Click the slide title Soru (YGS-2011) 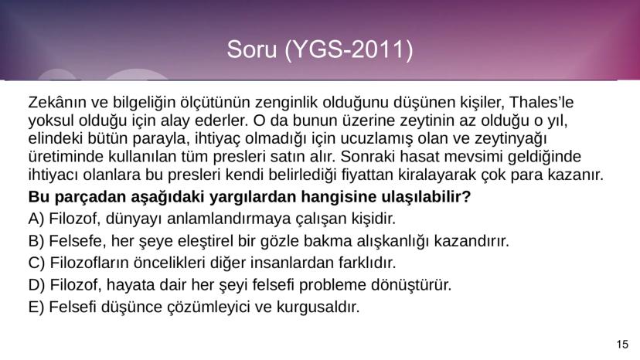tap(319, 50)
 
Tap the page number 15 tap(623, 345)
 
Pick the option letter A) tap(36, 219)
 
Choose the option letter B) tap(36, 240)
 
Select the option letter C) tap(36, 263)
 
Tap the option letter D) tap(37, 284)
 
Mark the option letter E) tap(36, 307)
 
